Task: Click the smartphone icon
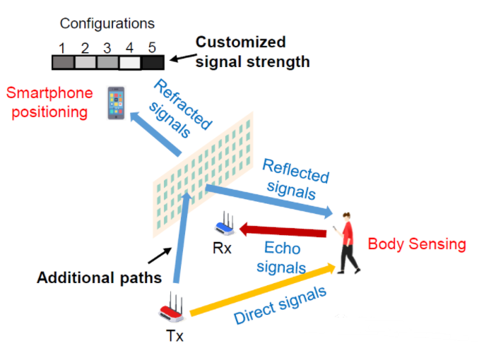pos(114,102)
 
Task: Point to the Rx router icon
pos(227,225)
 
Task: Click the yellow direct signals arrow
pos(261,288)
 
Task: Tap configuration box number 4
pos(130,62)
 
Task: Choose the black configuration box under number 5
pos(153,62)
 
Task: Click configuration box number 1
pos(62,62)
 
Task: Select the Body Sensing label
pos(417,244)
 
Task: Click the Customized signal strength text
pos(252,52)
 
